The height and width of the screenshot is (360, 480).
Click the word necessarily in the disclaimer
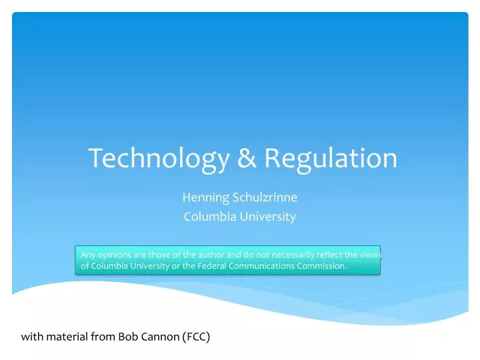[291, 254]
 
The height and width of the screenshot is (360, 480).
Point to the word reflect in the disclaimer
[331, 254]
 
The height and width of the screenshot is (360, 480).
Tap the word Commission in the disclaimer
[321, 266]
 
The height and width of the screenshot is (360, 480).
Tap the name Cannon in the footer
[159, 337]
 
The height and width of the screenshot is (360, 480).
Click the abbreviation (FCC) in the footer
[196, 337]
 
